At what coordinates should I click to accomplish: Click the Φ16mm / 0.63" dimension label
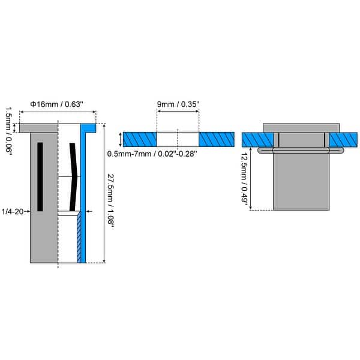(x=56, y=104)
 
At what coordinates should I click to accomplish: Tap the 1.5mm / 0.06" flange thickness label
(x=9, y=131)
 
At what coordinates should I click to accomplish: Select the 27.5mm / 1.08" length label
(x=110, y=202)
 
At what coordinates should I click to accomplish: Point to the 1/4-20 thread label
(x=13, y=211)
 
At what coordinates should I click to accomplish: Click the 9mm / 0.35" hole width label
(x=178, y=104)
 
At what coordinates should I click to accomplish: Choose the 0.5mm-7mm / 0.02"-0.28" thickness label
(x=152, y=154)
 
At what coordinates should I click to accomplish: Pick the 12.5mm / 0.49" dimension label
(x=245, y=178)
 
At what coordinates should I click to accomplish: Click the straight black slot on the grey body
(x=40, y=177)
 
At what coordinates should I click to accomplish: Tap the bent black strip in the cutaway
(x=74, y=177)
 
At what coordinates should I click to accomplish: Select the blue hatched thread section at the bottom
(x=79, y=238)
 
